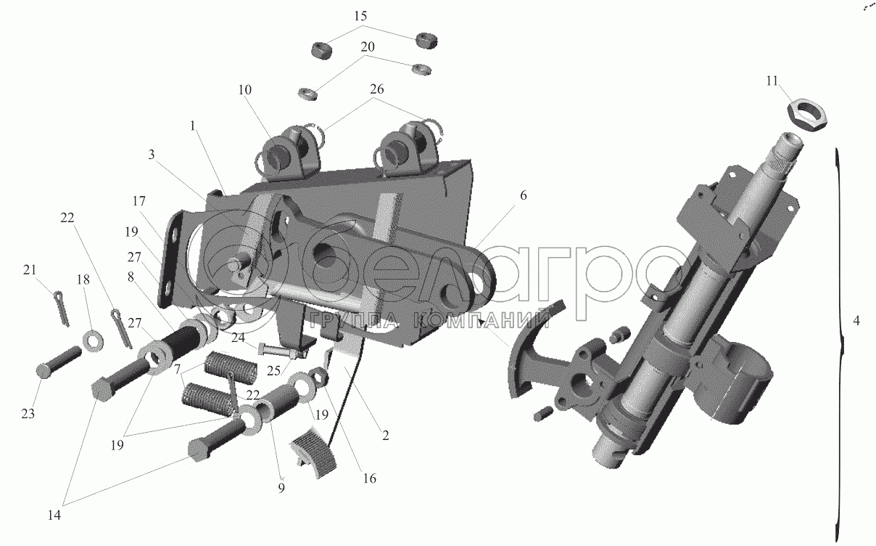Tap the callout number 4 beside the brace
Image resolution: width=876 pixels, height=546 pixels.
[x=856, y=321]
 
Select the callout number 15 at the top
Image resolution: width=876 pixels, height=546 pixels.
[x=360, y=17]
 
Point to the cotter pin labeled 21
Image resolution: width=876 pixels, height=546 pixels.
[x=62, y=309]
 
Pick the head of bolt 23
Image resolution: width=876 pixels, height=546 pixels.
[x=45, y=370]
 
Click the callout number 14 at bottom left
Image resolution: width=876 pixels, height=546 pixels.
[x=54, y=516]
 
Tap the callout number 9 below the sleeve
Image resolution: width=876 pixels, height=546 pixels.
[x=281, y=489]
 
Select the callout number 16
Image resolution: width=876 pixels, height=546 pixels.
[x=370, y=478]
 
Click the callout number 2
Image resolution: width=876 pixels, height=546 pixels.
[x=386, y=436]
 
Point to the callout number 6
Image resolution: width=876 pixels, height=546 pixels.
[x=524, y=195]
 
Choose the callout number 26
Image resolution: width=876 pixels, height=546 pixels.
[x=376, y=89]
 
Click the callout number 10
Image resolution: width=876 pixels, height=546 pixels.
[x=245, y=90]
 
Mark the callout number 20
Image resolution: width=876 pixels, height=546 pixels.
[x=368, y=47]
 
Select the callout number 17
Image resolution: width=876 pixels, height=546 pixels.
[x=139, y=201]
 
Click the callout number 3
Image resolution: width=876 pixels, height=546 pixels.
[x=152, y=155]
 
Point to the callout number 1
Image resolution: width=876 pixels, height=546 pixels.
[x=192, y=126]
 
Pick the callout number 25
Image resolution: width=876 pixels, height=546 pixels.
[x=274, y=370]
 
